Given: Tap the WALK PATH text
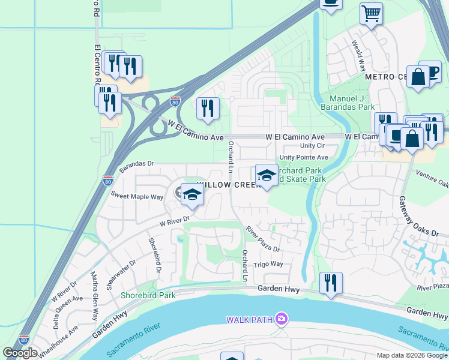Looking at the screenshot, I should click(x=250, y=319).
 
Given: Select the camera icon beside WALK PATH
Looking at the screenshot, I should click(x=282, y=319).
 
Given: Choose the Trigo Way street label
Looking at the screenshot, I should click(x=268, y=264).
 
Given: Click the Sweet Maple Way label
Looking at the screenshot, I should click(x=137, y=196).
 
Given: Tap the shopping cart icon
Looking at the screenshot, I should click(x=372, y=13).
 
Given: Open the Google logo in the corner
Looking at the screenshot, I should click(x=20, y=353).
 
